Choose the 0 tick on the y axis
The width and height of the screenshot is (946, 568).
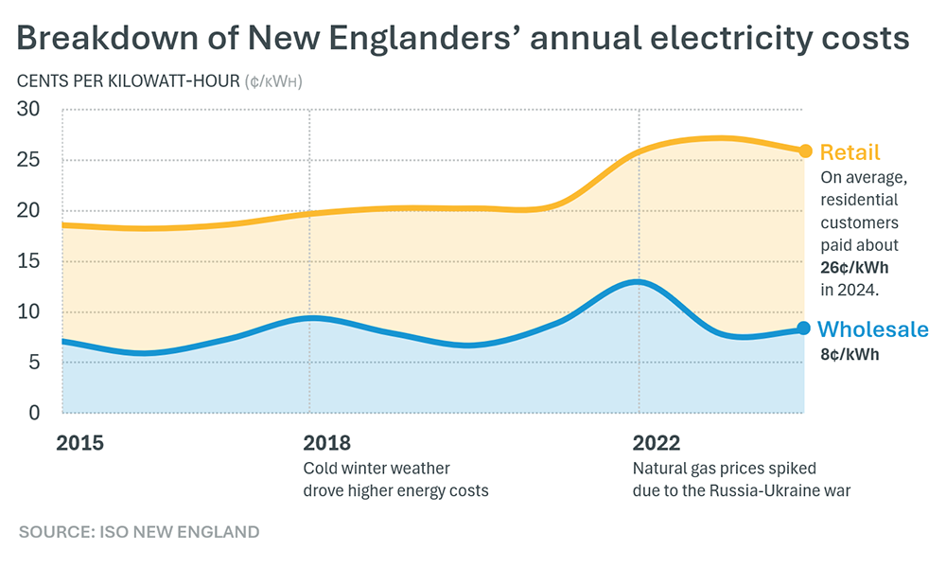click(x=35, y=413)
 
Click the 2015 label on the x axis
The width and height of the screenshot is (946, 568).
click(x=79, y=443)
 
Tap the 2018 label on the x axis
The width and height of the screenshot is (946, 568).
click(x=326, y=443)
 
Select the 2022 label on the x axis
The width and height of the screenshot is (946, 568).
click(x=656, y=443)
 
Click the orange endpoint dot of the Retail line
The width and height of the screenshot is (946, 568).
click(x=805, y=151)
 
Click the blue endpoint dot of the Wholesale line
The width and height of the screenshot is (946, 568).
click(x=804, y=328)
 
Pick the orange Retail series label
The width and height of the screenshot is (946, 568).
click(x=850, y=152)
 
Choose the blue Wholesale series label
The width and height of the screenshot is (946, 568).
click(x=872, y=329)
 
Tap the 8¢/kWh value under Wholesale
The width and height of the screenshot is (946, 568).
click(x=850, y=355)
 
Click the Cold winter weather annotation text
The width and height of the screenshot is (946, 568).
click(x=376, y=469)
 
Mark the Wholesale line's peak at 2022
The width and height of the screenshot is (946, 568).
click(x=639, y=282)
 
